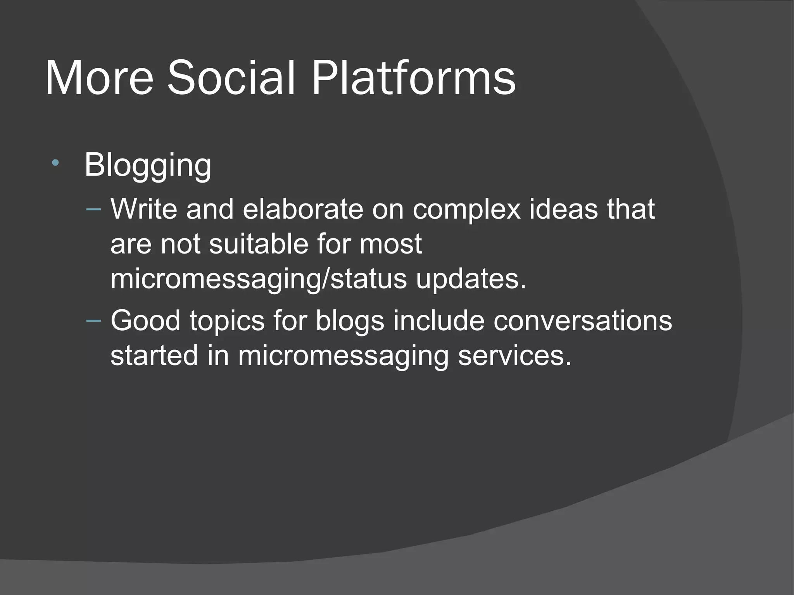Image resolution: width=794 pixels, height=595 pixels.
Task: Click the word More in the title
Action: click(99, 78)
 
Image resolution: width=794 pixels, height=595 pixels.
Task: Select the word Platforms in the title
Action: click(413, 78)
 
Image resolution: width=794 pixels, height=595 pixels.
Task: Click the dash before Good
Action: click(93, 320)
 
